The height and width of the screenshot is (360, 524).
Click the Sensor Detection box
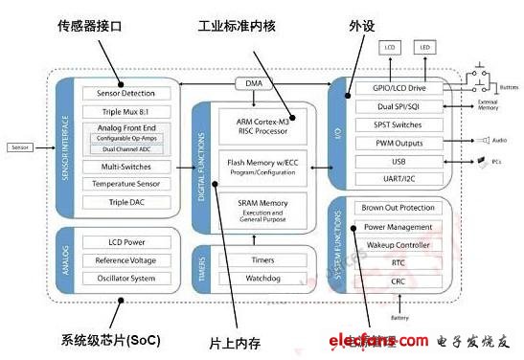pos(126,94)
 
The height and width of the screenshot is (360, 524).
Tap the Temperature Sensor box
pos(126,183)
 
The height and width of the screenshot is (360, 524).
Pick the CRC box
pos(399,281)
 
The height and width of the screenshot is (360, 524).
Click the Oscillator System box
pos(126,278)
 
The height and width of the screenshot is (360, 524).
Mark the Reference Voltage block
pos(126,259)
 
